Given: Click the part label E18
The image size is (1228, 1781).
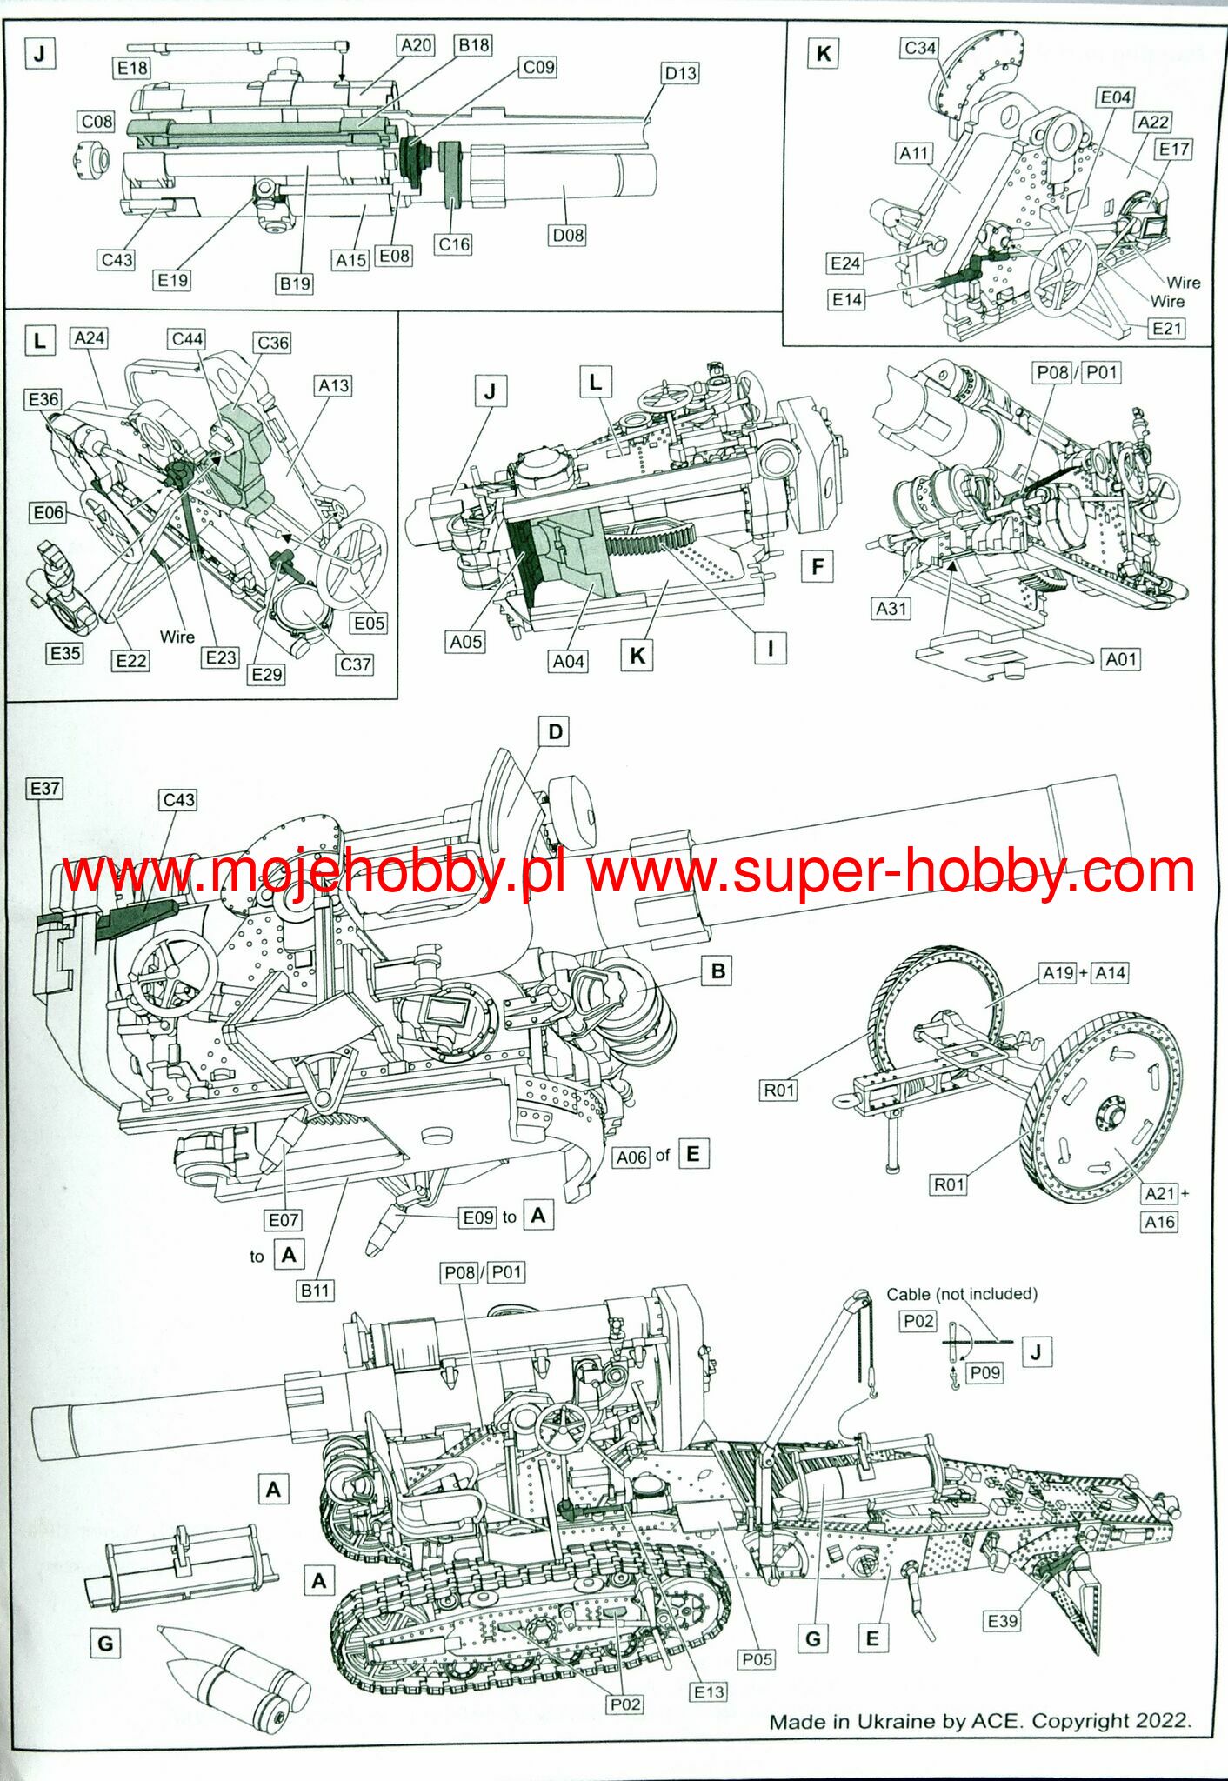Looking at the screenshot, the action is point(132,68).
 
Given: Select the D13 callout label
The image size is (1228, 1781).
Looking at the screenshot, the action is point(680,74).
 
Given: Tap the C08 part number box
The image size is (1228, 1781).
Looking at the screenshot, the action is point(97,122).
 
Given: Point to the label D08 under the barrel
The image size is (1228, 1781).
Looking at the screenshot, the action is point(568,235).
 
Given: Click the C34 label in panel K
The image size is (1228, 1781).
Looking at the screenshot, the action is point(920,48).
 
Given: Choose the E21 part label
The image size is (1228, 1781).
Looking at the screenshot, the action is point(1167,328).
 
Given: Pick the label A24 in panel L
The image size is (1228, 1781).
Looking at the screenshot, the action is point(90,337).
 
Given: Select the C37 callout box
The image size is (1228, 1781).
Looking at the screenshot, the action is point(355,664).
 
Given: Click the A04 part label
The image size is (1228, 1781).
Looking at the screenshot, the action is point(569,661).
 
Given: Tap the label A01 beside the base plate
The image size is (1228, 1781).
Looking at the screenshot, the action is point(1120,659).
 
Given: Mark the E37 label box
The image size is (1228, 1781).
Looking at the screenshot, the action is point(44,789).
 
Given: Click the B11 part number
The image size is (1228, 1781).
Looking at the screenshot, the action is point(315,1291).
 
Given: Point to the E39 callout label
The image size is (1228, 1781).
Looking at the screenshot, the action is point(1002,1621).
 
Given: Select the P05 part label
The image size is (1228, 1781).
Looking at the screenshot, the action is point(757,1659).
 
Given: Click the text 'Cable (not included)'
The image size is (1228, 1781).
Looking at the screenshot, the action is point(962,1294).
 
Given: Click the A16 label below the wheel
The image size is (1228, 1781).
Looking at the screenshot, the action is point(1159,1222).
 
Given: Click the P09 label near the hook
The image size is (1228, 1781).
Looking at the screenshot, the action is point(984,1372).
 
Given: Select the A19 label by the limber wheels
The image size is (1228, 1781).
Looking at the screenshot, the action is point(1058,973).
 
